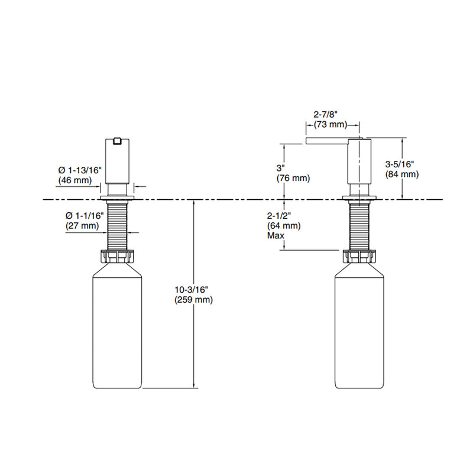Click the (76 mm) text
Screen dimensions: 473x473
pyautogui.click(x=293, y=178)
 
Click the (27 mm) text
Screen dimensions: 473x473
pyautogui.click(x=82, y=225)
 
